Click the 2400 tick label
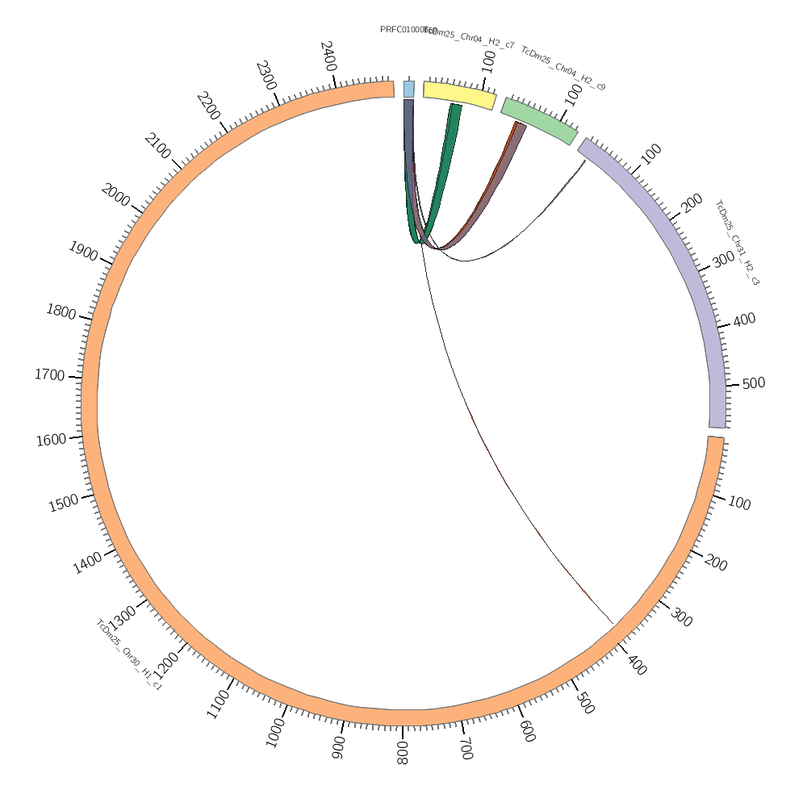coord(328,56)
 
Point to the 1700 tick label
coord(49,374)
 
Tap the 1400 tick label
coord(87,562)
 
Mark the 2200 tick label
coord(208,106)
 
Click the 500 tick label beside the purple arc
coord(753,383)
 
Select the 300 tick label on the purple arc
coord(723,259)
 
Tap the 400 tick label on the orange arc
coord(636,666)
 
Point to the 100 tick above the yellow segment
coord(488,61)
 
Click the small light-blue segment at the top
coord(409,89)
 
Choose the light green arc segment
coord(539,120)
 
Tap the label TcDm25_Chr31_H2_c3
coord(737,243)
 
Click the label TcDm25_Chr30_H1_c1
coord(129,654)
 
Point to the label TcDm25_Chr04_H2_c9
coord(562,69)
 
